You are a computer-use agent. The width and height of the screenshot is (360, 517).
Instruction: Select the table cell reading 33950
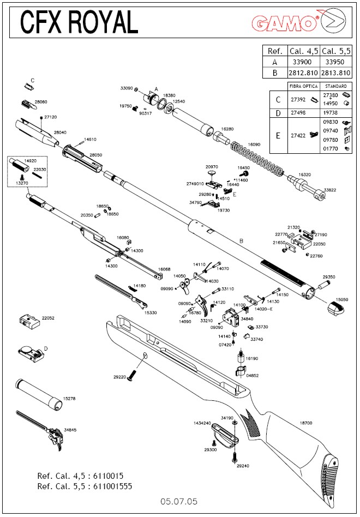click(x=335, y=62)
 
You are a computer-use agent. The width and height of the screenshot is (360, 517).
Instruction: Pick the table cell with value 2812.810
click(x=304, y=73)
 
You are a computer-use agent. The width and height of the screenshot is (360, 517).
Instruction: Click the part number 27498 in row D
click(x=297, y=113)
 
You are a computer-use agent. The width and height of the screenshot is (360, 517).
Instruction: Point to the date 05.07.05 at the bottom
click(x=179, y=500)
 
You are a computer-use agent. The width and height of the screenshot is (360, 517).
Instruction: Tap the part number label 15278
click(x=69, y=399)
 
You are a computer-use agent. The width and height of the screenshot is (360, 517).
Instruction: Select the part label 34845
click(x=70, y=430)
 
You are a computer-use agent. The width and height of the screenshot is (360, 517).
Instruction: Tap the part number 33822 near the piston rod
click(x=330, y=190)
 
